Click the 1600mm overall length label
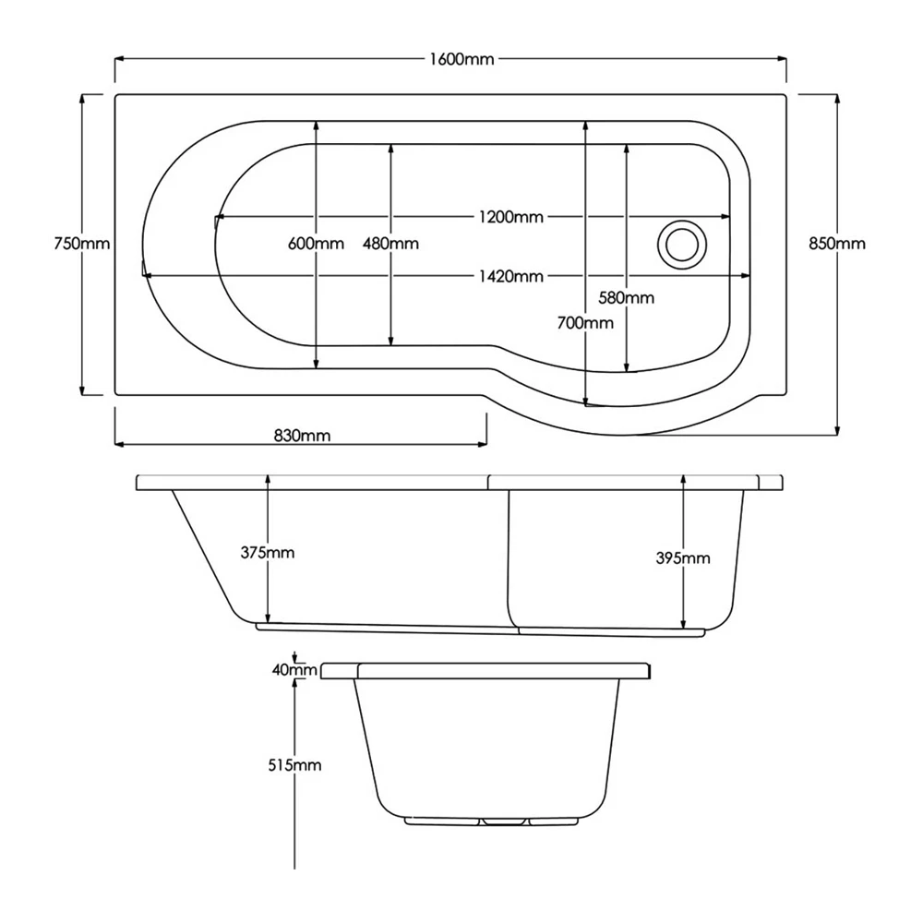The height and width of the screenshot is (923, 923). [462, 59]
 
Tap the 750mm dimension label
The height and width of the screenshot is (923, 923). [82, 243]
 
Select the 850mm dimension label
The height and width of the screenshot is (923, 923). [837, 243]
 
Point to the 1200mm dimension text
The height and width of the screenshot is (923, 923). [511, 217]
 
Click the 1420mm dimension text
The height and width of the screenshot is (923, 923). [511, 276]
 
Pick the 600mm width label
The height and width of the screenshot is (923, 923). [316, 243]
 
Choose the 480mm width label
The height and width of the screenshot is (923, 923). [390, 243]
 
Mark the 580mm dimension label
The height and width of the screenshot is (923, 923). [627, 298]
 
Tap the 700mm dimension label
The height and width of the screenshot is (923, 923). [585, 322]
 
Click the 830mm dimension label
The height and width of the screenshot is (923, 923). [302, 436]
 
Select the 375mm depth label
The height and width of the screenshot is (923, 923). [268, 553]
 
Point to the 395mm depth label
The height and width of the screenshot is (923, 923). [683, 558]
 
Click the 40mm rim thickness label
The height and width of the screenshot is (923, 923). [294, 670]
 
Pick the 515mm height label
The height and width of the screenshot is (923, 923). [294, 765]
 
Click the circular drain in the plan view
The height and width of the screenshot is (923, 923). [682, 245]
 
